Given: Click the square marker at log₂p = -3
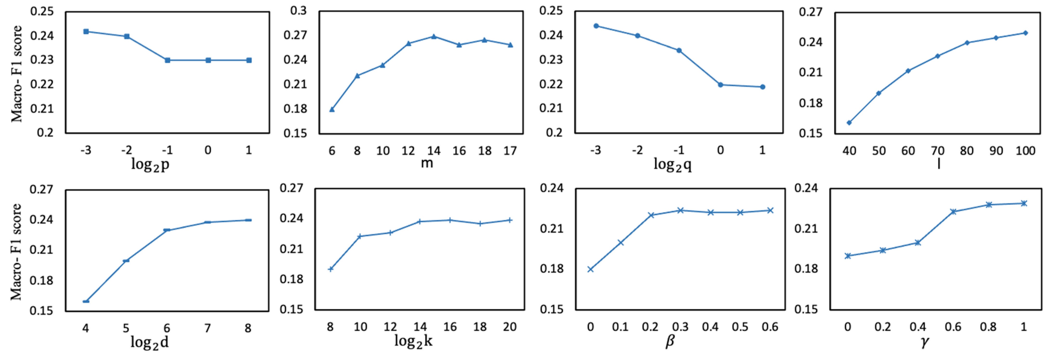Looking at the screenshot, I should (x=86, y=31).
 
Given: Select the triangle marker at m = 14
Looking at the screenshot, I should (x=434, y=36).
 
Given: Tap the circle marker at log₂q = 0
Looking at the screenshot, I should (x=720, y=85).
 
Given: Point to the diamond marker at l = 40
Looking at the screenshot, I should (x=849, y=123).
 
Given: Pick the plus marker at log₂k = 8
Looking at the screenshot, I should (x=331, y=269).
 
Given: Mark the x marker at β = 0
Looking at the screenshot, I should (x=590, y=269).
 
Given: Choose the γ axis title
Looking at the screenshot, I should (x=925, y=342).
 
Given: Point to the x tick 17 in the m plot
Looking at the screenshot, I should (x=510, y=151).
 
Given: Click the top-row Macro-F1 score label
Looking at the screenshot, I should (x=16, y=73).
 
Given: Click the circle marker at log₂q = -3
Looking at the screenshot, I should (x=596, y=26).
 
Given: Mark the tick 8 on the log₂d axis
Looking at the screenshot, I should (x=248, y=328).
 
